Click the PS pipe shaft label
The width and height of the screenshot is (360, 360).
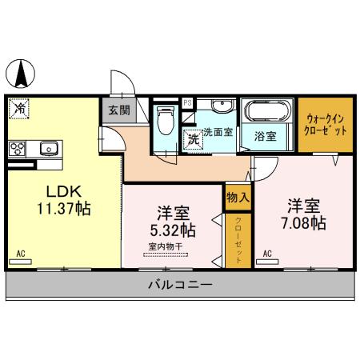(187, 102)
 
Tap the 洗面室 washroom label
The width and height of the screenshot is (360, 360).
(217, 132)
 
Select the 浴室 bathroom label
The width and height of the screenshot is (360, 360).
(266, 136)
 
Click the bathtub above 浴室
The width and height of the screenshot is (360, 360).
(267, 111)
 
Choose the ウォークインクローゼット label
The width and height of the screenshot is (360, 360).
(325, 123)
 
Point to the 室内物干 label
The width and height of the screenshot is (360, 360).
(167, 246)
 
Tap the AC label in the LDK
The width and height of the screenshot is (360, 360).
(22, 254)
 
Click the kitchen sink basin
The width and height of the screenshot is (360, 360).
(48, 147)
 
